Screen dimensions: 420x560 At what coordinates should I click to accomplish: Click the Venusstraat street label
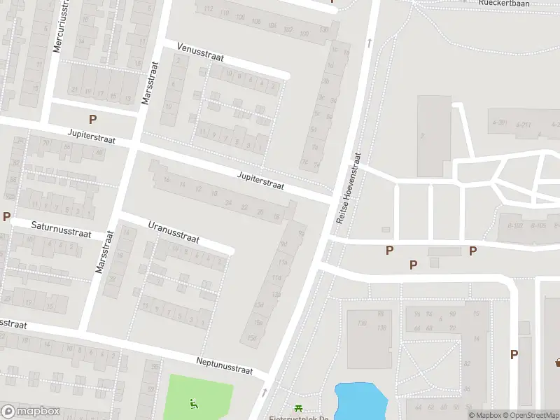pyautogui.click(x=200, y=52)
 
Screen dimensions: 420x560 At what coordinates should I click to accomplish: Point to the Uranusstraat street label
pyautogui.click(x=174, y=232)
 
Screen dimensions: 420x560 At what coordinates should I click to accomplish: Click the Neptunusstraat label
pyautogui.click(x=225, y=364)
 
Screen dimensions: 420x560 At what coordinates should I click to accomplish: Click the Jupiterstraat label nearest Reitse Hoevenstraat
pyautogui.click(x=260, y=181)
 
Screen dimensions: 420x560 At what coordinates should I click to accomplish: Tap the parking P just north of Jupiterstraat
pyautogui.click(x=92, y=119)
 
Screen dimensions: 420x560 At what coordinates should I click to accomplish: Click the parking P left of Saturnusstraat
pyautogui.click(x=6, y=216)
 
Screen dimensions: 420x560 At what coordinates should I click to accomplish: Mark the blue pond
pyautogui.click(x=361, y=400)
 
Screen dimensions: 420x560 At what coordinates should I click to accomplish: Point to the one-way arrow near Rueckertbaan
pyautogui.click(x=369, y=43)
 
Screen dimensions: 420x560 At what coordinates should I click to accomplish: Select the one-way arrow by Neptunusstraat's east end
pyautogui.click(x=265, y=392)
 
